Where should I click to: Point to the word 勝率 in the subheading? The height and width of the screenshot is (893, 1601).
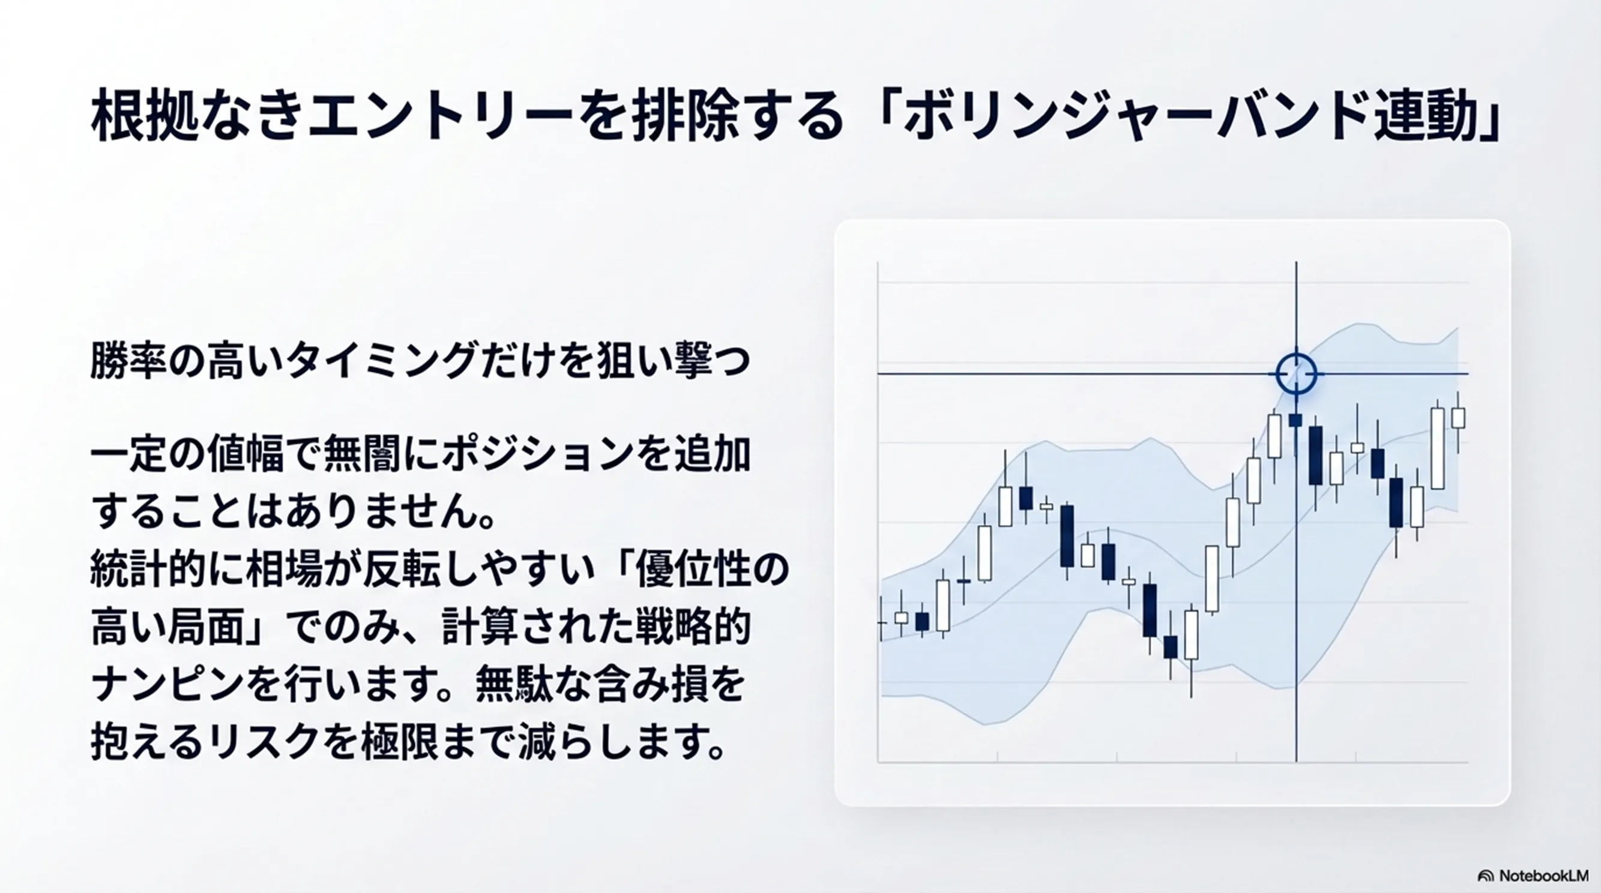128,361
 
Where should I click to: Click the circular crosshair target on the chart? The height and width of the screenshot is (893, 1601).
1296,374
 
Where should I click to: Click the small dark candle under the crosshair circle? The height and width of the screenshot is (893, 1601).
1296,420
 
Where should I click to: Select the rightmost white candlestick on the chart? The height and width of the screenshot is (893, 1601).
1458,418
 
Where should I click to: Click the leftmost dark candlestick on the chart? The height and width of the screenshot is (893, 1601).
922,621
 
